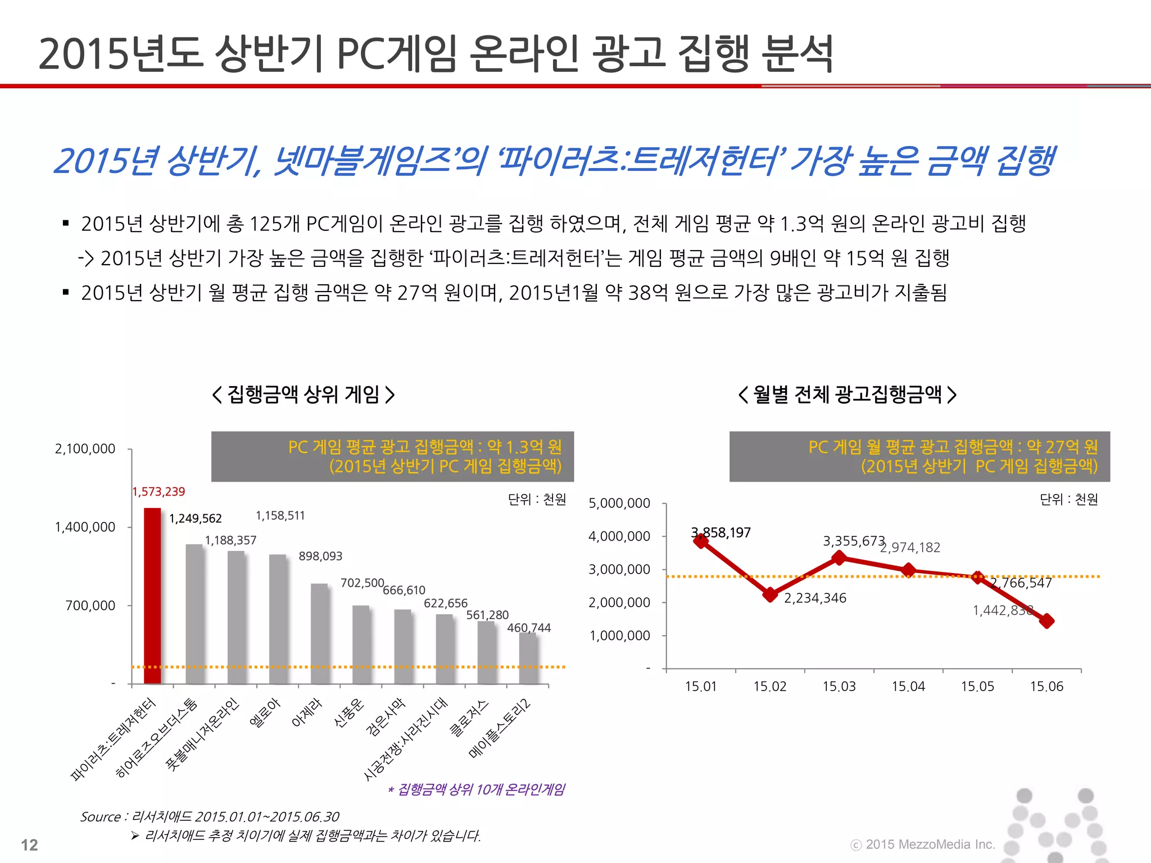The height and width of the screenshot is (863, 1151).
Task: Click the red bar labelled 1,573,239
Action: click(152, 596)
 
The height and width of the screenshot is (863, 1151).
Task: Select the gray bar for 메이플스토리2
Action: click(528, 658)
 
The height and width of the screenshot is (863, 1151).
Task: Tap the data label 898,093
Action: click(320, 556)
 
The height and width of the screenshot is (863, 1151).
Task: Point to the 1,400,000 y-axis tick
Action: click(85, 527)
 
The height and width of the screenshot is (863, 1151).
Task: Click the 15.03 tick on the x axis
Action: click(839, 687)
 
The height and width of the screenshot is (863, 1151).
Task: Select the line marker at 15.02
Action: click(771, 594)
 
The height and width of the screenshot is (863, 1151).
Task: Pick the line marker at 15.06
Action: click(1046, 621)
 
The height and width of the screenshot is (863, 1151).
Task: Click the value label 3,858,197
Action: click(721, 533)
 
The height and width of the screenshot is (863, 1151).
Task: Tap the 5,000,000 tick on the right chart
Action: click(619, 503)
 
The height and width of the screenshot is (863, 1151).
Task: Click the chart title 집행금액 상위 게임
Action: click(303, 394)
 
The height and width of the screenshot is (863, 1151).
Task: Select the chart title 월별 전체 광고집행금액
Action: click(847, 394)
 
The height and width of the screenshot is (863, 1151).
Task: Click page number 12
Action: click(29, 845)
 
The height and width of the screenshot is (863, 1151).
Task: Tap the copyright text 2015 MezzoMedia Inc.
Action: click(930, 844)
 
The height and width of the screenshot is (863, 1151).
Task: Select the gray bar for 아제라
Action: click(319, 633)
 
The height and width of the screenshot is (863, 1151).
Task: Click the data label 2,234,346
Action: click(814, 598)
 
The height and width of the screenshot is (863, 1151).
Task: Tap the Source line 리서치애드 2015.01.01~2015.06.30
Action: click(210, 816)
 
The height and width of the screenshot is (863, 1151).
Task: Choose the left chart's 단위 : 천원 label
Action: click(537, 499)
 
